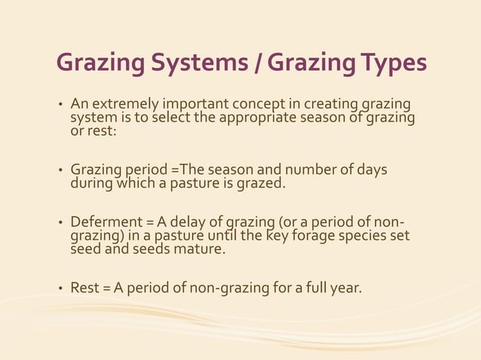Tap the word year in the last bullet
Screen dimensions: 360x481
tap(347, 288)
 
